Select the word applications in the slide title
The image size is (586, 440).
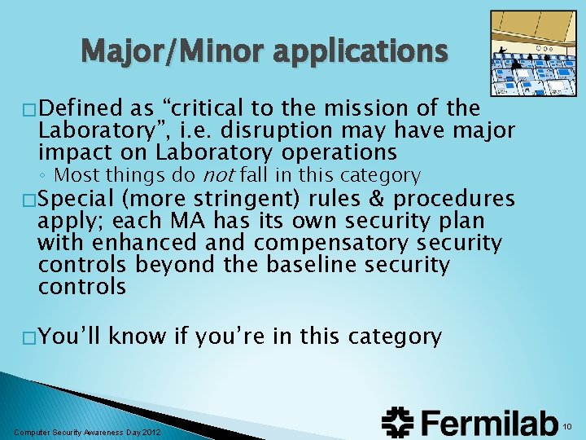[x=361, y=52]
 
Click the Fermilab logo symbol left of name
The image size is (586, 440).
[x=397, y=422]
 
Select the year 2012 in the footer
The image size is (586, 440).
[x=151, y=431]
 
